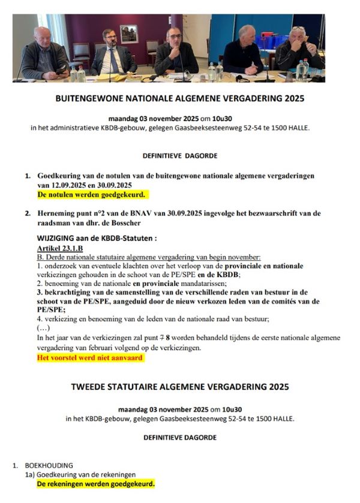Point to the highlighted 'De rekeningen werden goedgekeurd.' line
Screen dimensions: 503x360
[x=96, y=483]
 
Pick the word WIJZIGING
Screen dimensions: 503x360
[x=59, y=238]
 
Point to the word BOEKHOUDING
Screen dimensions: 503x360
[x=49, y=465]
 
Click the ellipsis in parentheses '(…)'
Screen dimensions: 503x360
[x=43, y=329]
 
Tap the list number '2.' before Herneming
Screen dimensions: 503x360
[x=28, y=213]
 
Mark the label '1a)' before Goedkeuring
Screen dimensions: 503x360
[x=30, y=474]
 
